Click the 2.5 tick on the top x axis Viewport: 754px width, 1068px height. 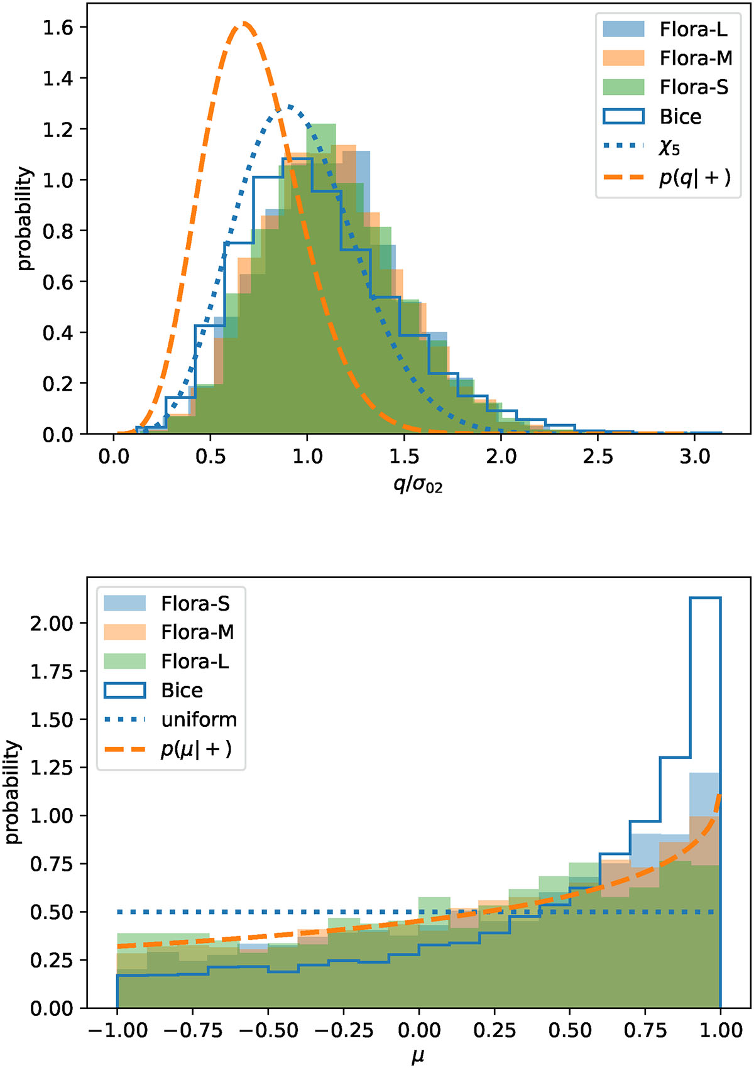pos(598,456)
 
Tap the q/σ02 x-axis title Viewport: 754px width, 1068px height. pos(418,485)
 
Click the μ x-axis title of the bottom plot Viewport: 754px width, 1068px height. pos(418,1057)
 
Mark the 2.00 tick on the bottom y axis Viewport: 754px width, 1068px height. pos(52,623)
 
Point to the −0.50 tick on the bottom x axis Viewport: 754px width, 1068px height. pos(268,1030)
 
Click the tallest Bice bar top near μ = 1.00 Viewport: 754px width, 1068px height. pos(706,598)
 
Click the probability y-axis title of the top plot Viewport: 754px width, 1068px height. pos(24,219)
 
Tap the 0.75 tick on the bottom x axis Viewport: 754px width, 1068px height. pos(646,1030)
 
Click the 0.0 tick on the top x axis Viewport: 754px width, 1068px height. pos(114,456)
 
